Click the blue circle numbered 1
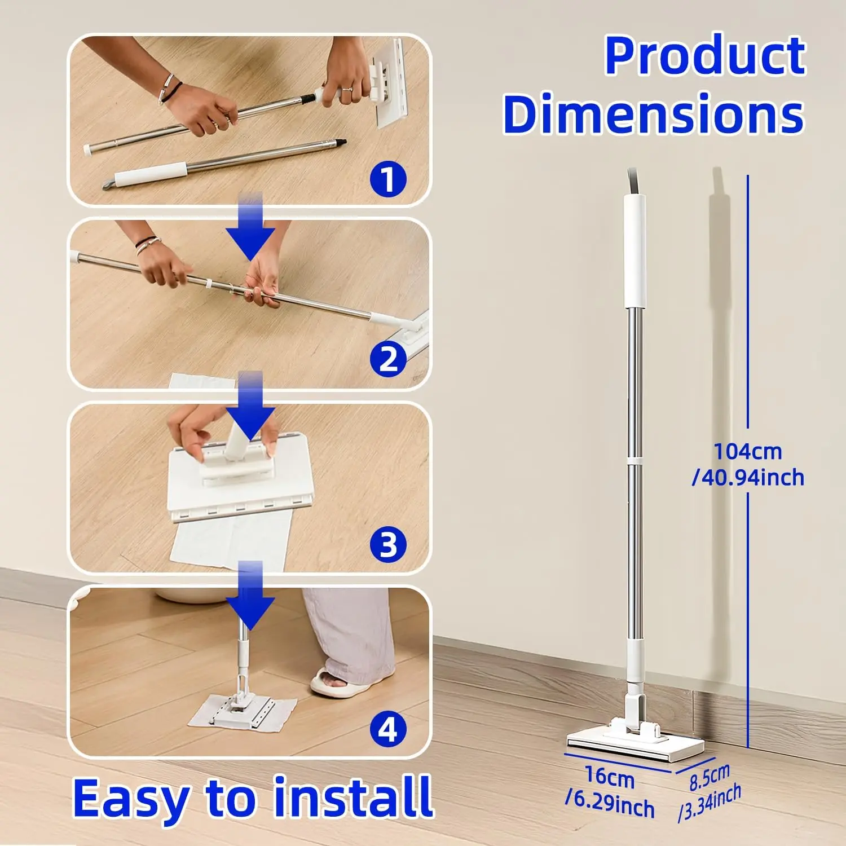point(388,179)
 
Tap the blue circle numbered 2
point(388,359)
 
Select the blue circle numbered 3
point(388,545)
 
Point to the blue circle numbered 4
point(388,729)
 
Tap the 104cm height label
point(748,451)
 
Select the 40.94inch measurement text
point(748,478)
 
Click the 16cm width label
point(610,777)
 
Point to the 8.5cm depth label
point(710,777)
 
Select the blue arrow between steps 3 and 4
point(251,595)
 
